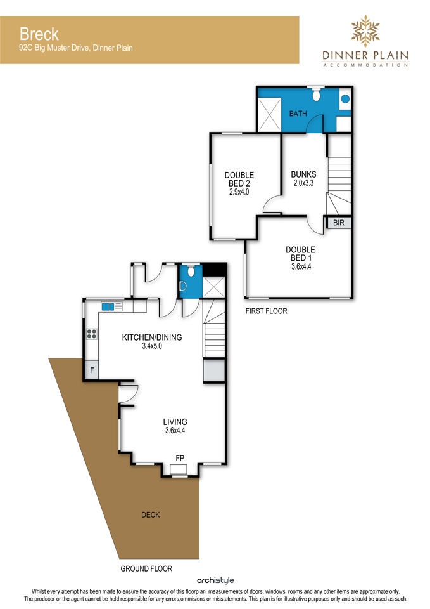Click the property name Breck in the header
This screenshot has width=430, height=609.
39,34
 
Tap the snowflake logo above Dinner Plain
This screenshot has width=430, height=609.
365,31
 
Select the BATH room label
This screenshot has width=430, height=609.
298,114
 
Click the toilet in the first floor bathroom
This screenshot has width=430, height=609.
317,94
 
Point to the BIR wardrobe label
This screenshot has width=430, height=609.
339,223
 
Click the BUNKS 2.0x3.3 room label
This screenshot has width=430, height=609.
303,179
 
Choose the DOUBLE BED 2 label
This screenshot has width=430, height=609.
239,183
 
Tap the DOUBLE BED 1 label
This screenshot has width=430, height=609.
301,258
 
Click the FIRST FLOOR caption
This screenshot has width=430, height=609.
267,311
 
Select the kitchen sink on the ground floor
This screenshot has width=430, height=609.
111,306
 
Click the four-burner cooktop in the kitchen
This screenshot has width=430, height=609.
91,334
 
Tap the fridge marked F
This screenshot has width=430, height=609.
92,370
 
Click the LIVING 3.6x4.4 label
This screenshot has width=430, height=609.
175,426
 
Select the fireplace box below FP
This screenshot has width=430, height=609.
179,469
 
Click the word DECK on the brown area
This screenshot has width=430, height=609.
151,515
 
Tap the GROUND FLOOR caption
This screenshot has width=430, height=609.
146,568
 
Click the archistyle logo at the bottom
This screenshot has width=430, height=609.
215,580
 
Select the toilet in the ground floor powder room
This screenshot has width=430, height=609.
191,271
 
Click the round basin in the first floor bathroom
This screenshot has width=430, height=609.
345,99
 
